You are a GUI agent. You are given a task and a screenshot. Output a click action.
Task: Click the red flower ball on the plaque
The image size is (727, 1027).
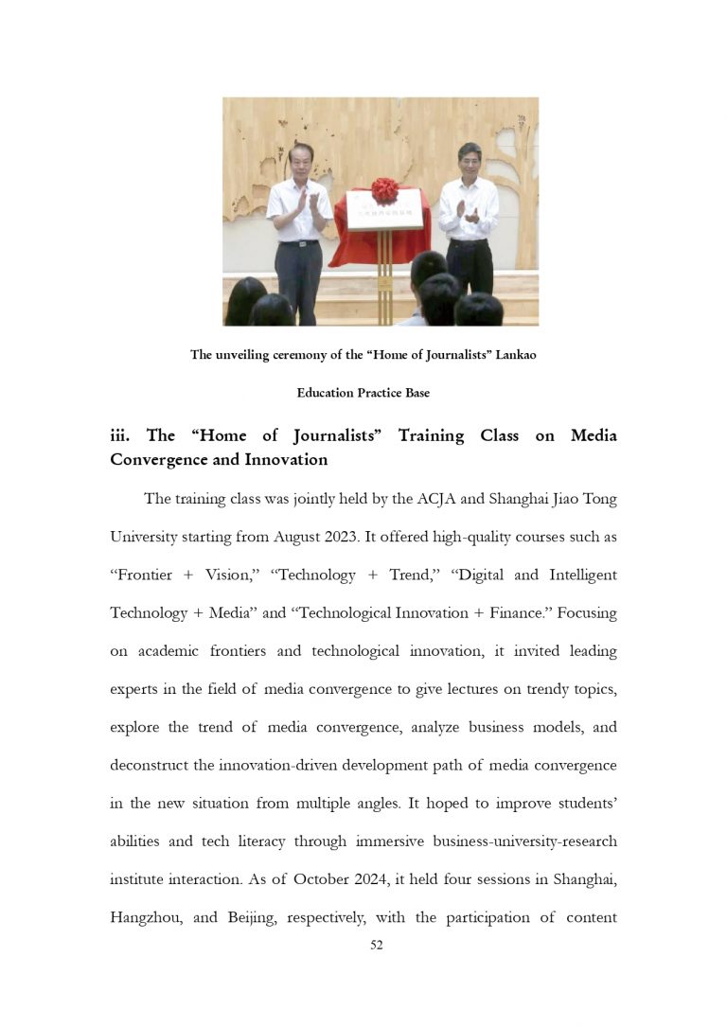click(384, 190)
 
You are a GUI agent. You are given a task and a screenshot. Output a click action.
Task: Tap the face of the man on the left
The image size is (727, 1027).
click(301, 160)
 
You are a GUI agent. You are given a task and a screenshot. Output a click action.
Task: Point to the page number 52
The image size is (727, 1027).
click(377, 945)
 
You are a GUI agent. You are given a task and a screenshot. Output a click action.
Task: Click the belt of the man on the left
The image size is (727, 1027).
click(299, 243)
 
